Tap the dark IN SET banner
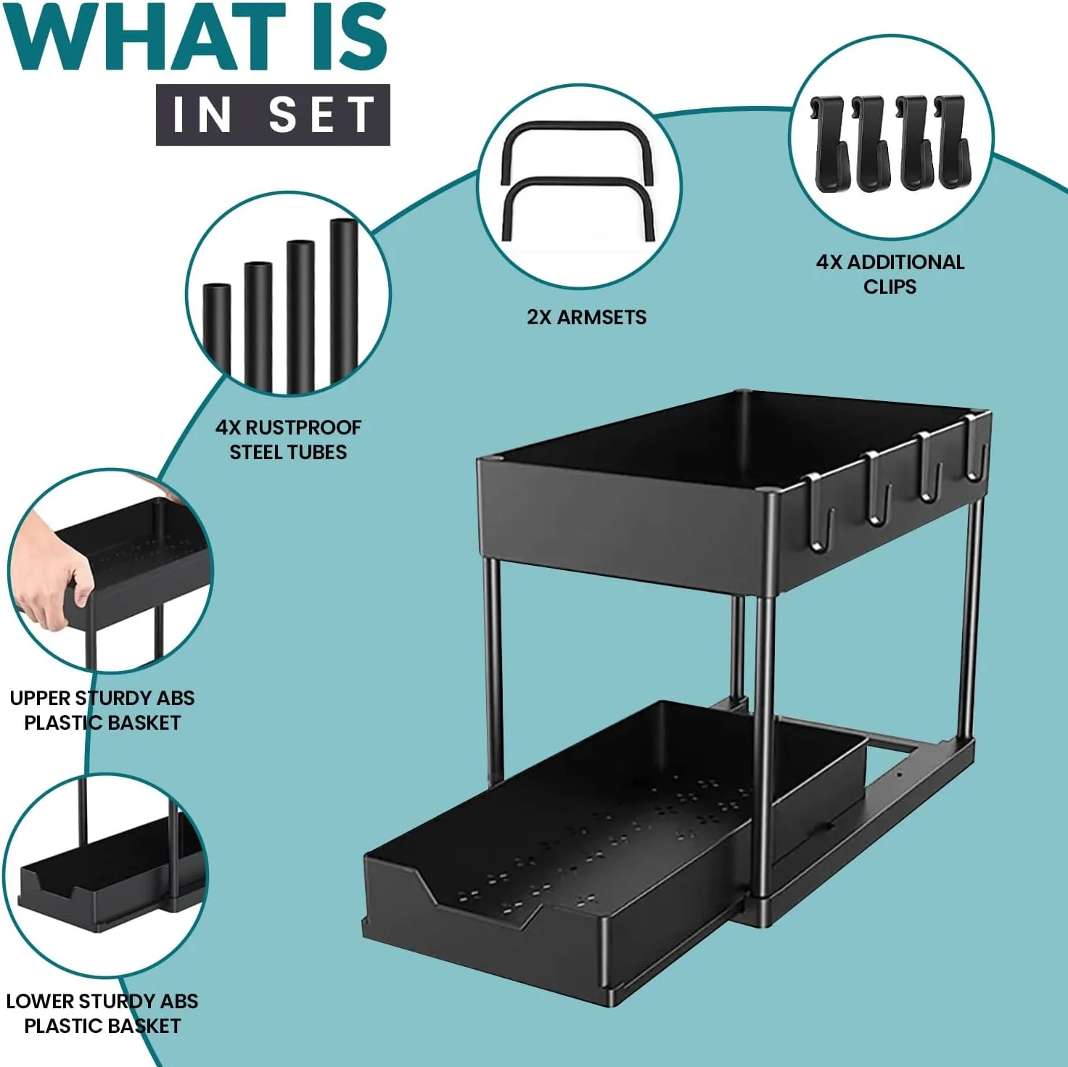click(273, 115)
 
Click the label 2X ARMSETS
click(586, 317)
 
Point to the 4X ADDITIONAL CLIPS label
click(890, 273)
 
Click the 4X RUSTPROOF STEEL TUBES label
click(288, 440)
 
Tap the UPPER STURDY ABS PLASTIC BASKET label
click(102, 710)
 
